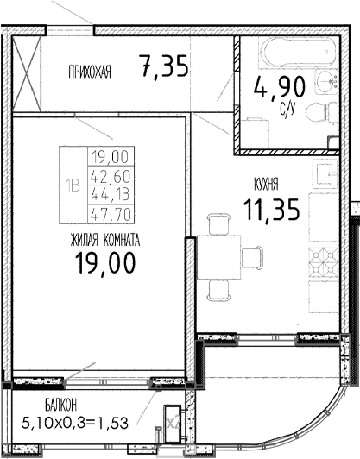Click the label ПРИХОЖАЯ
90,72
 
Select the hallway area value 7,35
163,66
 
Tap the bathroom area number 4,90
275,88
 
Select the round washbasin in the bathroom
326,81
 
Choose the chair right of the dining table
252,257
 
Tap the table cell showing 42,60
108,176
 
